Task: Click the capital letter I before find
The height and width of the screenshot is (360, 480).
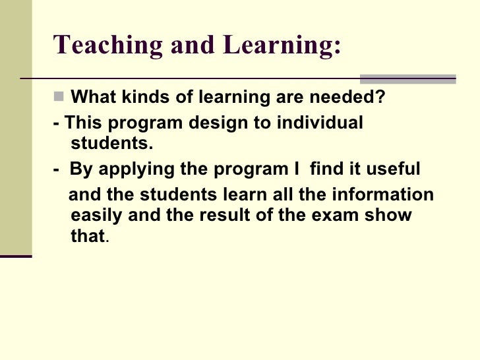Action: pos(296,169)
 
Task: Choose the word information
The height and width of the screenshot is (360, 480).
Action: pos(388,196)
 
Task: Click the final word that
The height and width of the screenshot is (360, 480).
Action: pos(86,236)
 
